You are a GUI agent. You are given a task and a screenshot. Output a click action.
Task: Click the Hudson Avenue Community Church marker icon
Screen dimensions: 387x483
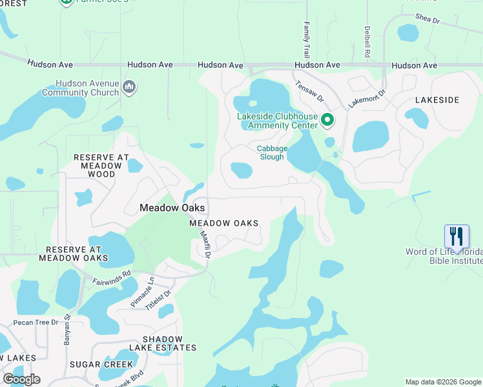[128, 86]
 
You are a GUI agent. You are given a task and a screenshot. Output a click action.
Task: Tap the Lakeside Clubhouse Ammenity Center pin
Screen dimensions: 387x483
[327, 119]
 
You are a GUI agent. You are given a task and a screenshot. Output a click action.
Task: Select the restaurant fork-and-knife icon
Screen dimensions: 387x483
[457, 235]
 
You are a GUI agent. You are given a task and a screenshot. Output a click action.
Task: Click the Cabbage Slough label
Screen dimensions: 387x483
[271, 152]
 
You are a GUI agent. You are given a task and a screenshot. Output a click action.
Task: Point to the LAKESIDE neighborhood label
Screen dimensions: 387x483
[437, 100]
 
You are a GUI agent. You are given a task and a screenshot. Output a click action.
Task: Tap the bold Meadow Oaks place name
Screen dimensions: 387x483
[172, 208]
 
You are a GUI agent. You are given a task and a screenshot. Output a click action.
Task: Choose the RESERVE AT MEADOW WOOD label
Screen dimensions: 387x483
[101, 166]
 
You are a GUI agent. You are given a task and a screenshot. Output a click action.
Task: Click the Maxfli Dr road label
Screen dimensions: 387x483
[205, 245]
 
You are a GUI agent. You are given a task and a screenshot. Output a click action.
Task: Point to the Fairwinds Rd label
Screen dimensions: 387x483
[112, 277]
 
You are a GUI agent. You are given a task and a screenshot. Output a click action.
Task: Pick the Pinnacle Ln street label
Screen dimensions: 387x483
[143, 292]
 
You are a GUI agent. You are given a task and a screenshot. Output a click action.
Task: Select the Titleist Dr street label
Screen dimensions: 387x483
[159, 301]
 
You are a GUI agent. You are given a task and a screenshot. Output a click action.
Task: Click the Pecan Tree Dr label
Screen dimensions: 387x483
[36, 322]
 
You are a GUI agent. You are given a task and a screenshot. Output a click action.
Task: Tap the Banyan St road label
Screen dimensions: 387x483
[67, 335]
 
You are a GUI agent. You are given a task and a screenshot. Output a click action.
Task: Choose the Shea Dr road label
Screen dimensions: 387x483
[427, 19]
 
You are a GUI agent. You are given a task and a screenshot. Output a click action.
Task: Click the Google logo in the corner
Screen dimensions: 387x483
[21, 379]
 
